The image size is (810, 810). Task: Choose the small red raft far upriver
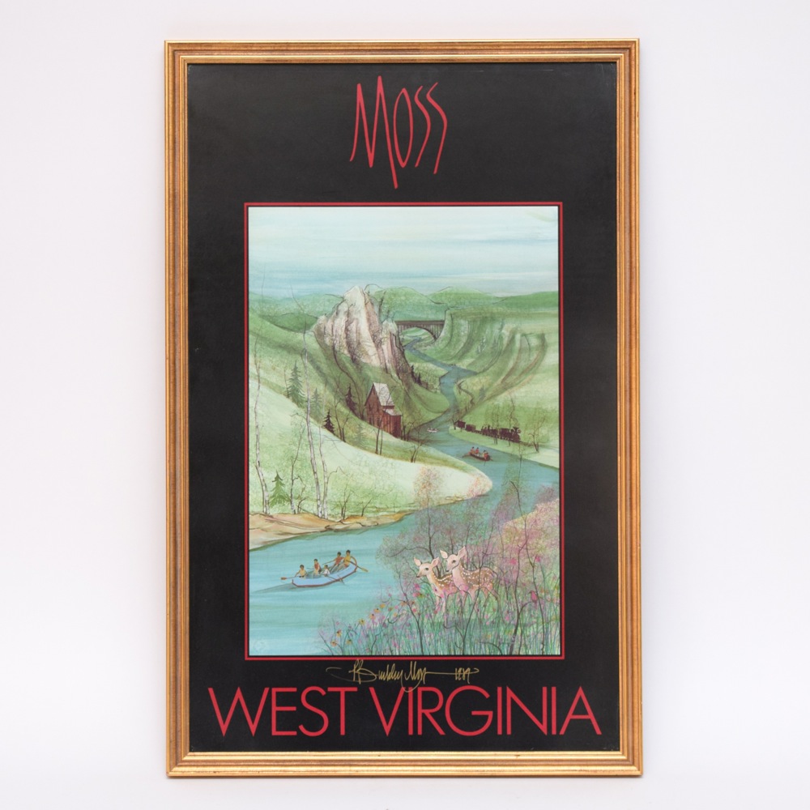point(478,455)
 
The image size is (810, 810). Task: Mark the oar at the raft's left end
point(287,578)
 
